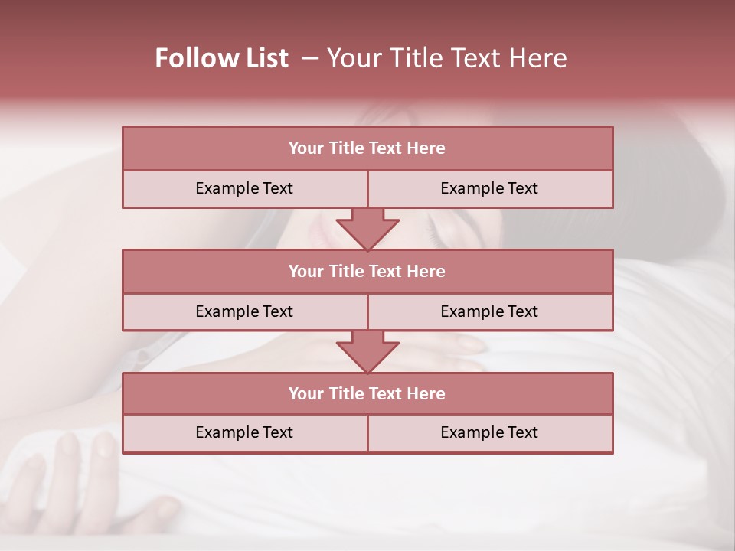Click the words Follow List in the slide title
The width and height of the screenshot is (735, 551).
pos(221,58)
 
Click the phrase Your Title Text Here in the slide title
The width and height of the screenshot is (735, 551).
pos(447,58)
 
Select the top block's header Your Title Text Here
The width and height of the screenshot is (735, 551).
pos(367,148)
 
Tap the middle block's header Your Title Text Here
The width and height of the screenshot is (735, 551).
pos(367,271)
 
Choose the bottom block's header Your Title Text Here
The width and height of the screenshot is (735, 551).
pos(367,393)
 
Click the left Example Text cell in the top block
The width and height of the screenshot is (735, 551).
pos(244,188)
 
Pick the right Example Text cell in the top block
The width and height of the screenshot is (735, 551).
pos(489,188)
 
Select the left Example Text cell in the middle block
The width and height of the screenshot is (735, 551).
pos(244,311)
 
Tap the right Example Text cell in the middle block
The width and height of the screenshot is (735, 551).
pos(489,311)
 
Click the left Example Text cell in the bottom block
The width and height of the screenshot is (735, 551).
pos(244,432)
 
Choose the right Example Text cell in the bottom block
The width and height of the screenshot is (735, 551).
pos(489,432)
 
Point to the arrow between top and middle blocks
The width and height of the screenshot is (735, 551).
pos(367,229)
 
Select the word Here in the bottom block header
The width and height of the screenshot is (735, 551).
pos(426,393)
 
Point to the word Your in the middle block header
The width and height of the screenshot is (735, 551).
pos(305,271)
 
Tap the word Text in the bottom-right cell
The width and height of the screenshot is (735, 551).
pos(521,432)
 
